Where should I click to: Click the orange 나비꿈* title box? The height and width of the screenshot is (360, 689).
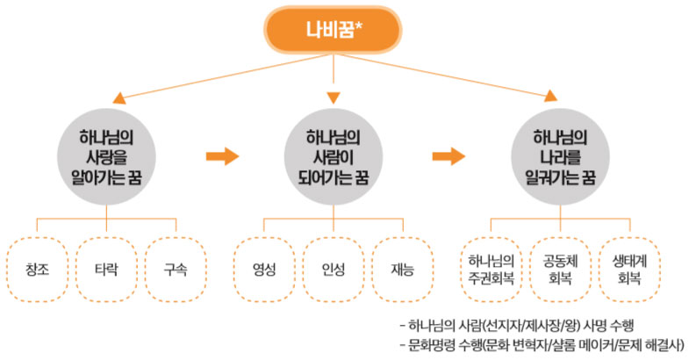tap(334, 29)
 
